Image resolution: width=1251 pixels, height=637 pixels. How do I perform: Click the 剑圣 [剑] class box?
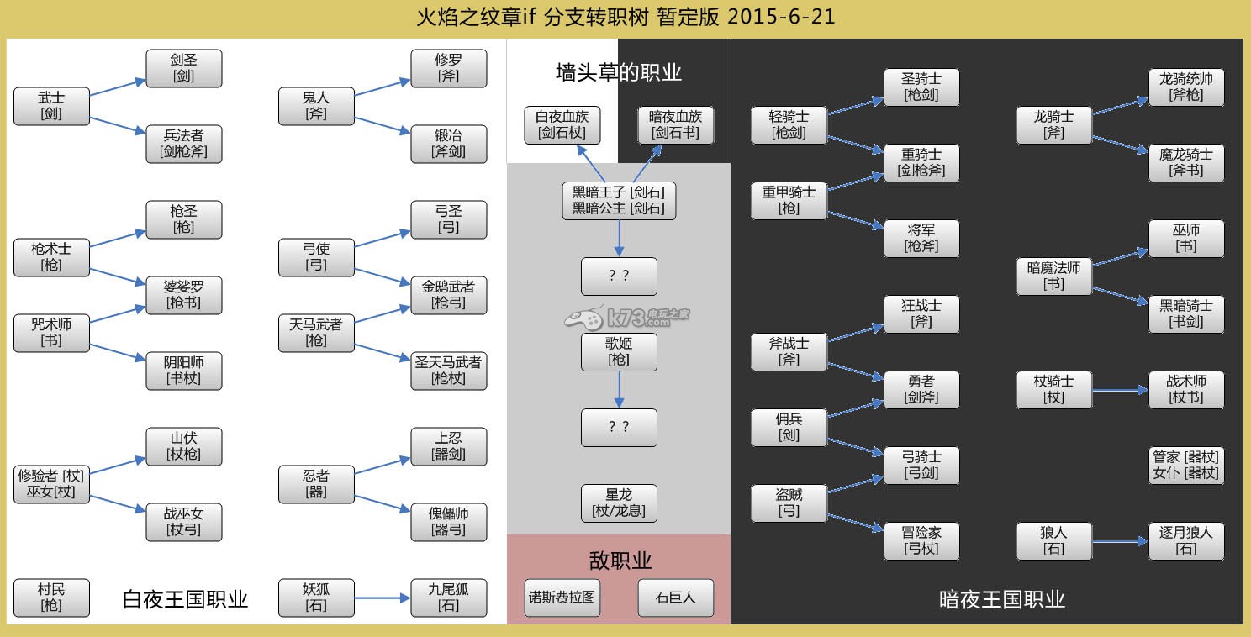pyautogui.click(x=183, y=68)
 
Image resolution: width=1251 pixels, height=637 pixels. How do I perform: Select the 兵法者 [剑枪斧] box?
pyautogui.click(x=183, y=144)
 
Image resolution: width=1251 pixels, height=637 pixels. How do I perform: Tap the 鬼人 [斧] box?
pyautogui.click(x=316, y=106)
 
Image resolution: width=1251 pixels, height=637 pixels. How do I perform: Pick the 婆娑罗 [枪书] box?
pyautogui.click(x=183, y=295)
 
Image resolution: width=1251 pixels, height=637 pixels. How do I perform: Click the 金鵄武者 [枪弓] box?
pyautogui.click(x=448, y=295)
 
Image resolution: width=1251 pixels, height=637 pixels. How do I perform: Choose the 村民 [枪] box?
pyautogui.click(x=51, y=598)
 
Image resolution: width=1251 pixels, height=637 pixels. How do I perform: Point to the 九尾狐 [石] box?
pyautogui.click(x=448, y=598)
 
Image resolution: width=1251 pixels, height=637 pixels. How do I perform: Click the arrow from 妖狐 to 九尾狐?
pyautogui.click(x=383, y=598)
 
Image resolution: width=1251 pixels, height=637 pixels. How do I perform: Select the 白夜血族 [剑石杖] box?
pyautogui.click(x=562, y=124)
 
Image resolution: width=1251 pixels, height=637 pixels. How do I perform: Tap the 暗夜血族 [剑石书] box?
pyautogui.click(x=675, y=124)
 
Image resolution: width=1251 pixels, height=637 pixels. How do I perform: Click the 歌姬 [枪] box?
pyautogui.click(x=619, y=352)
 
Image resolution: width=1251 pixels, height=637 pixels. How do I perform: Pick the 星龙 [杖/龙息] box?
pyautogui.click(x=619, y=503)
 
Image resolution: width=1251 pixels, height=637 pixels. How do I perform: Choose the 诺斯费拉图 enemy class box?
pyautogui.click(x=562, y=598)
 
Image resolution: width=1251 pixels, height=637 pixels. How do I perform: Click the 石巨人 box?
pyautogui.click(x=675, y=598)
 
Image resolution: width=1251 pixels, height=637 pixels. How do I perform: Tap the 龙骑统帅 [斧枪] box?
pyautogui.click(x=1186, y=87)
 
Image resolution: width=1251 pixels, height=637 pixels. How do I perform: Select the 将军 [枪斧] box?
pyautogui.click(x=921, y=239)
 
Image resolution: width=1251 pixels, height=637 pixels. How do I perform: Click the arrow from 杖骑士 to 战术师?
pyautogui.click(x=1120, y=391)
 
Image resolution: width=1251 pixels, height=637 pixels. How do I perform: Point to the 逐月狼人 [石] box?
pyautogui.click(x=1186, y=541)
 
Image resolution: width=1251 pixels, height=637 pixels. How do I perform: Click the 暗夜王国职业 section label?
pyautogui.click(x=1001, y=599)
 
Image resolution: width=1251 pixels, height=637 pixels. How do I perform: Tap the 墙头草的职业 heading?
pyautogui.click(x=618, y=72)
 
